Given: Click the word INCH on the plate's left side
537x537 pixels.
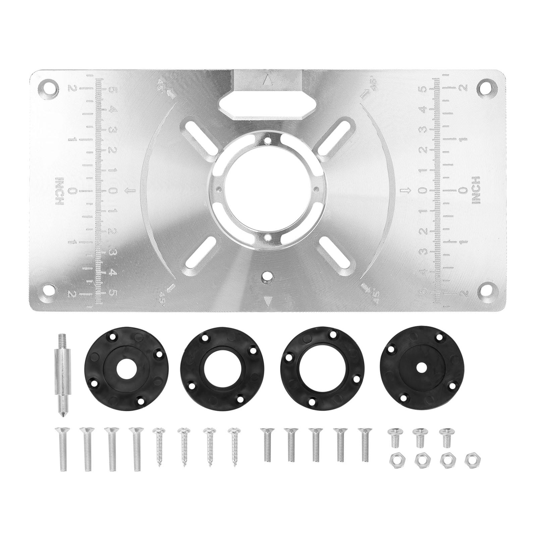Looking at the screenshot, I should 59,191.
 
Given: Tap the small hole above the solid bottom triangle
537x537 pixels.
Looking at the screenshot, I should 267,278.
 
